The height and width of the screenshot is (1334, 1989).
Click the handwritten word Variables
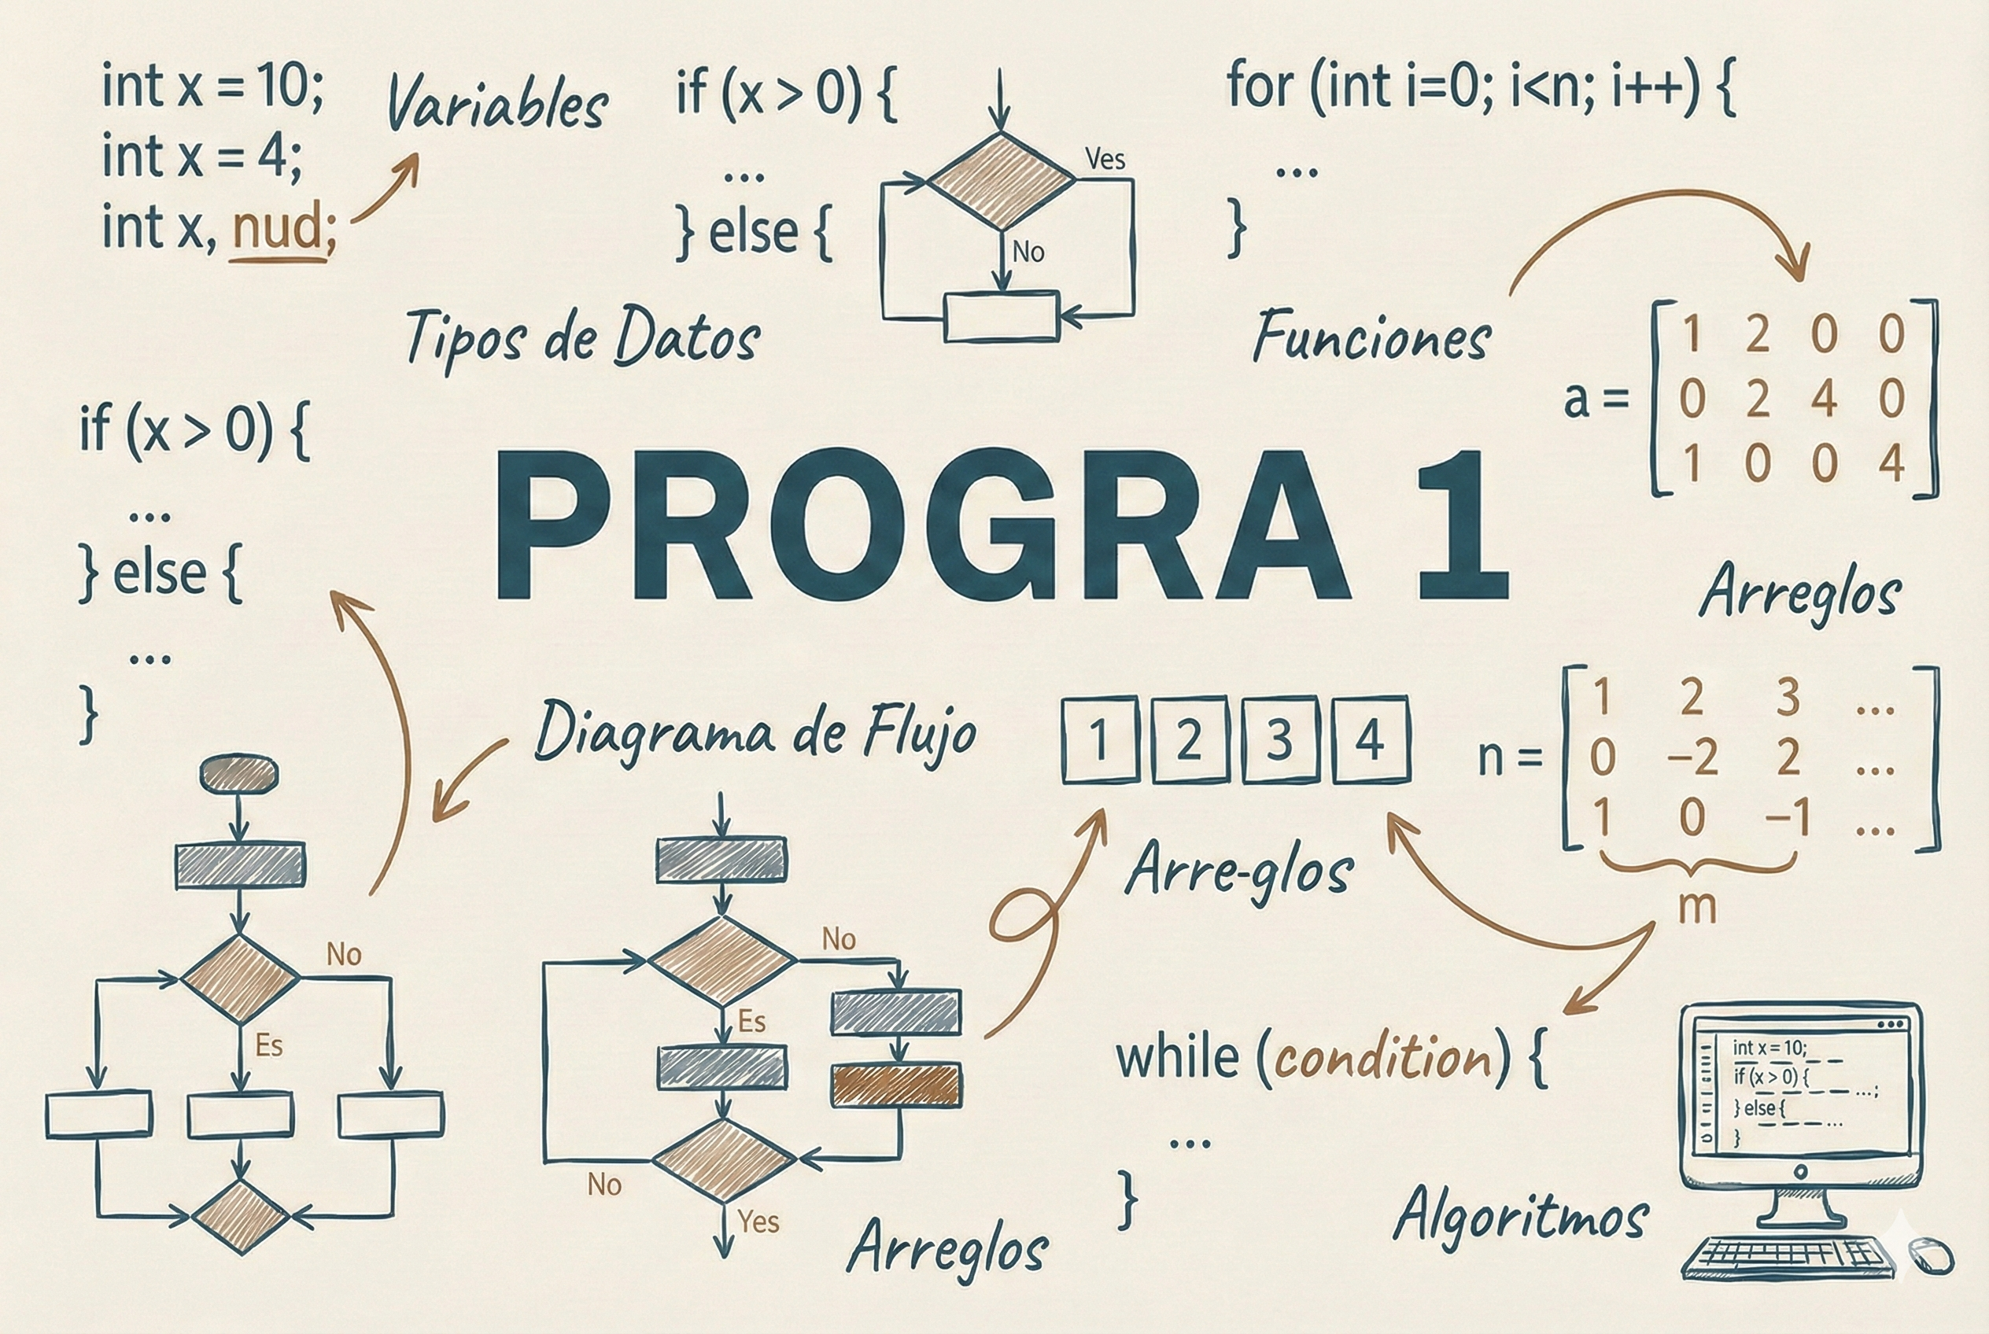pos(498,103)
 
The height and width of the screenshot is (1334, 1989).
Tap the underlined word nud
pos(277,230)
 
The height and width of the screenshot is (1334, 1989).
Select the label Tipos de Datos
pos(582,337)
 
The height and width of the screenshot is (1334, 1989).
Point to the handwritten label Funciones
pos(1372,337)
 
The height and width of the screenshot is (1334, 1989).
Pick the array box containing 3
pos(1279,739)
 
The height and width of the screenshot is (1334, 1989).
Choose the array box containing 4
pos(1370,739)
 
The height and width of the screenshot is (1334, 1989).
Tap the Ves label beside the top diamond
pos(1105,159)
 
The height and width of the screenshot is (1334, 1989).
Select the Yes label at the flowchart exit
pos(758,1222)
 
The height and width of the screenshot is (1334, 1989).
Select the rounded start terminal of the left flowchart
pos(238,773)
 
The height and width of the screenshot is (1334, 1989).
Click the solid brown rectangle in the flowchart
pos(896,1085)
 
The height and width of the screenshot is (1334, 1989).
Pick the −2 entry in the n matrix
pos(1692,757)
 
